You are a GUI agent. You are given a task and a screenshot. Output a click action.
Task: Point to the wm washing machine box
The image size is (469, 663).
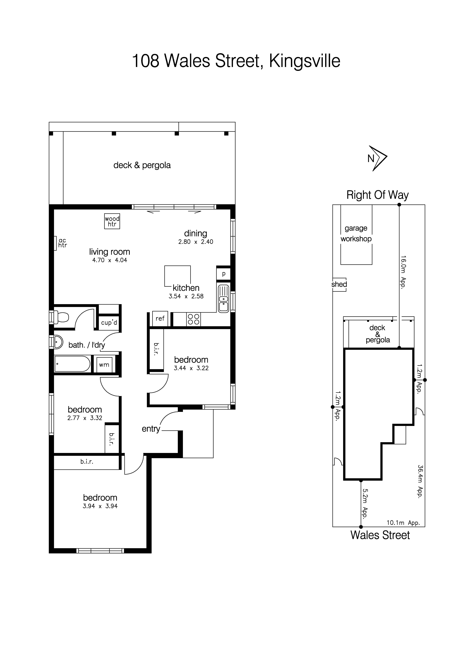104,365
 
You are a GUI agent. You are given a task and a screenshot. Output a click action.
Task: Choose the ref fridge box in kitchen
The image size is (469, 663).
160,319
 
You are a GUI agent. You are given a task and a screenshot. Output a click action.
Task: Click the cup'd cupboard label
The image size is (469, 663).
109,323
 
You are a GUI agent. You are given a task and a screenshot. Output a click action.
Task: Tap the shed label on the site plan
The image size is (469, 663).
339,284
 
